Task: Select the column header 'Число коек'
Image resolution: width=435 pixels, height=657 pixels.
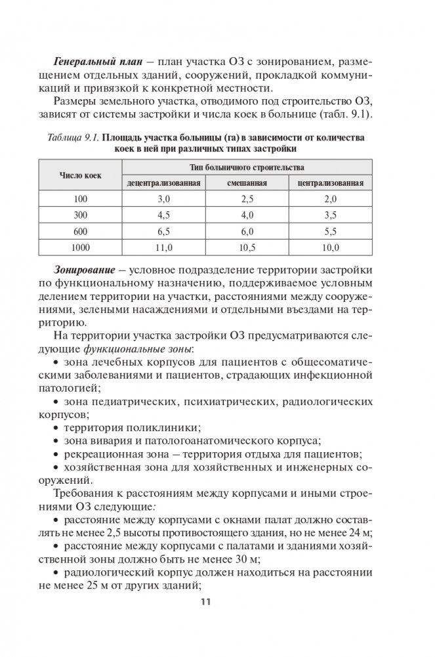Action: tap(80, 175)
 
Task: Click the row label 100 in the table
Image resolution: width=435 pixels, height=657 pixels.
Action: tap(80, 198)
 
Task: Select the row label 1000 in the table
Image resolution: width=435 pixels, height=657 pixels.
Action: tap(80, 247)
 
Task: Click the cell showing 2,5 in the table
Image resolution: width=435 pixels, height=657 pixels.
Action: tap(247, 198)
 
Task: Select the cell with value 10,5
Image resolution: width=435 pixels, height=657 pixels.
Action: tap(247, 247)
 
